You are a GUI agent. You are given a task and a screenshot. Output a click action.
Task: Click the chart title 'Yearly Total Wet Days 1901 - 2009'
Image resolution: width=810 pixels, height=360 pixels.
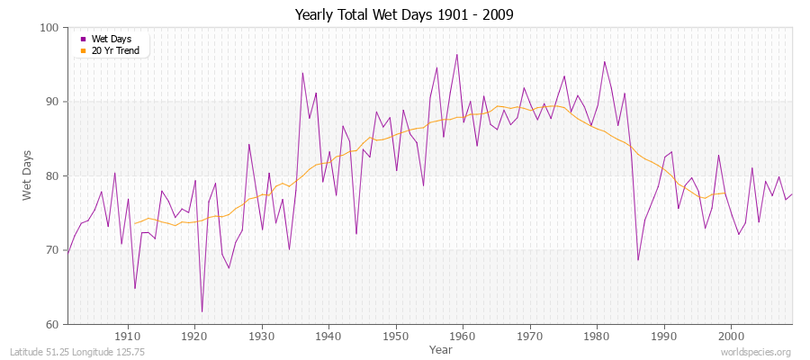[x=404, y=14]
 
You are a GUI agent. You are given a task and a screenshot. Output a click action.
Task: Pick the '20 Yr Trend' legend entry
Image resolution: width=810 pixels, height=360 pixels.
[x=114, y=49]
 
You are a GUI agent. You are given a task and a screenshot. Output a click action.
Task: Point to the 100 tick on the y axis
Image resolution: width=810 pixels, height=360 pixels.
[x=49, y=28]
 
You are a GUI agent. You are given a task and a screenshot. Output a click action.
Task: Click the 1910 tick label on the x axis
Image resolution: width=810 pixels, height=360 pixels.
[x=128, y=336]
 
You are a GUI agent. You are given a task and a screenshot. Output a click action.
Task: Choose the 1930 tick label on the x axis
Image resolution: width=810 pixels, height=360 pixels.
[x=262, y=336]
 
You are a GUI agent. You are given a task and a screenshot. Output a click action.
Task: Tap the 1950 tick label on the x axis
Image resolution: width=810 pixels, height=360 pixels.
[x=396, y=336]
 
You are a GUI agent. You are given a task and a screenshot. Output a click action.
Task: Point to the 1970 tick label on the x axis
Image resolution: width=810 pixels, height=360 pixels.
[x=530, y=336]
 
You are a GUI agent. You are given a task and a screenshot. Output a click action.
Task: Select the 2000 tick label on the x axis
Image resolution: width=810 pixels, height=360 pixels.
[x=731, y=336]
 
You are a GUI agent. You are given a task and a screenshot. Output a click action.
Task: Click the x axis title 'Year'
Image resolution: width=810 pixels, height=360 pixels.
[x=441, y=348]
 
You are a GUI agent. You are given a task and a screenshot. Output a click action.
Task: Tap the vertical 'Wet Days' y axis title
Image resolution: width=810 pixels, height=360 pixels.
[x=28, y=175]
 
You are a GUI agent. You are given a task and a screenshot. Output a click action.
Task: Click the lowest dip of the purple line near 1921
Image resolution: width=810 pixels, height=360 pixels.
[x=202, y=311]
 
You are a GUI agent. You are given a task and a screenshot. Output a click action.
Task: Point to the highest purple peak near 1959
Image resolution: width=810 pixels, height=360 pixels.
[x=456, y=55]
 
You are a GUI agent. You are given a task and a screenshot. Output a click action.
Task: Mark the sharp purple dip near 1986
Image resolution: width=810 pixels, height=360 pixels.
[x=637, y=260]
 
